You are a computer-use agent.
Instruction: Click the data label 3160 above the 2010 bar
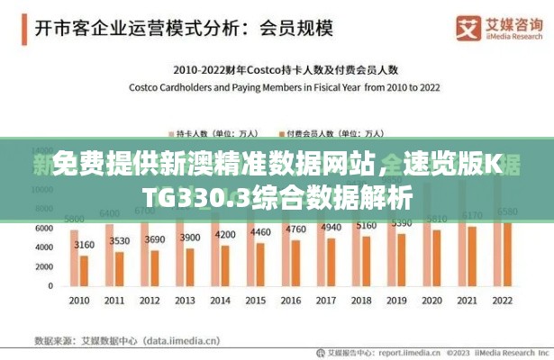click(x=84, y=244)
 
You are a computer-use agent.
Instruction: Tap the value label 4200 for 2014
click(x=225, y=235)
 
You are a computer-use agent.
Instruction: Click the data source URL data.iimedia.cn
click(x=170, y=340)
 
